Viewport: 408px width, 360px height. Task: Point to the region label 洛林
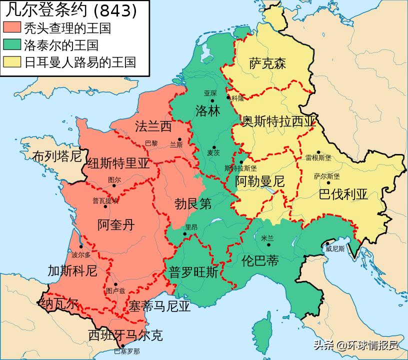pos(207,110)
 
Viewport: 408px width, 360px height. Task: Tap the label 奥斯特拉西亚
pos(279,121)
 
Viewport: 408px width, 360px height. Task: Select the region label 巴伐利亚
pos(343,194)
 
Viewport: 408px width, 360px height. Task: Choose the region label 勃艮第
pos(193,204)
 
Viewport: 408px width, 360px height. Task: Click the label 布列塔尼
pos(56,156)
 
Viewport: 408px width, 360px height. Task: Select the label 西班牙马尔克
pos(125,335)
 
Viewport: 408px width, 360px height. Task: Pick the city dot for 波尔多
pos(80,247)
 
